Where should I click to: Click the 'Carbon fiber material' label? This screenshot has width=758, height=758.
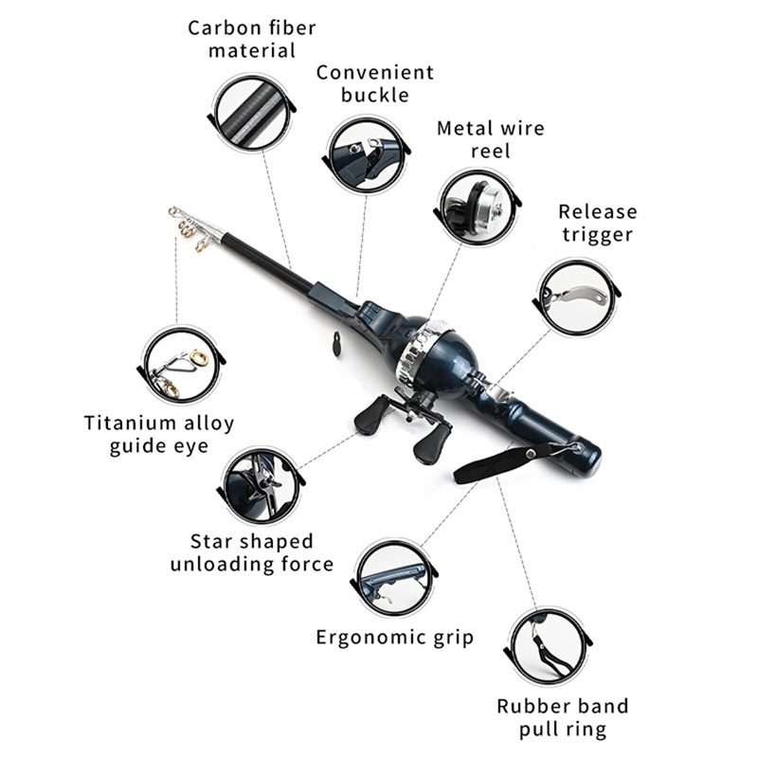[x=252, y=38]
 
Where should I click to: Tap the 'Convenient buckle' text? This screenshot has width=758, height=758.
[x=375, y=83]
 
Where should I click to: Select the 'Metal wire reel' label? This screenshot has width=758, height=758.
[x=490, y=139]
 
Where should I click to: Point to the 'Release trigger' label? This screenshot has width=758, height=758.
[x=597, y=223]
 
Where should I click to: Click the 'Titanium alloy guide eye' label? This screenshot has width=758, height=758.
[x=158, y=434]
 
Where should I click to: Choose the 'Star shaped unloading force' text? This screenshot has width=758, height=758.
[x=251, y=552]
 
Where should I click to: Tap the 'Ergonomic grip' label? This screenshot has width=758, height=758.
[x=395, y=637]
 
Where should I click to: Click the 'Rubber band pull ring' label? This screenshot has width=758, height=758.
[x=563, y=717]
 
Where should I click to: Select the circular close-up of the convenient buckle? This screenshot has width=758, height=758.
[x=366, y=153]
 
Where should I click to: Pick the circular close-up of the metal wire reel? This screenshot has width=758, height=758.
[x=478, y=207]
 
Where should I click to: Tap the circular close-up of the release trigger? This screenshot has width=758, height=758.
[x=576, y=297]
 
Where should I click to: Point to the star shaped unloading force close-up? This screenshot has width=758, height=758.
[x=262, y=484]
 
